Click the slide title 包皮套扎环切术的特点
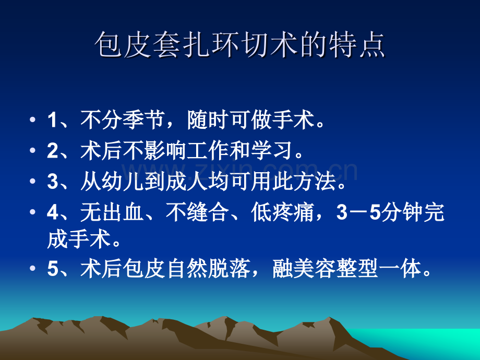(239, 45)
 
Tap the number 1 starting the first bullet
(52, 119)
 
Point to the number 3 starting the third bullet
(52, 181)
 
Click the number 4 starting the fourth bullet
(53, 212)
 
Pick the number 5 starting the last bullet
(52, 269)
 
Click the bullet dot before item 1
(32, 119)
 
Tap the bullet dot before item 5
(32, 269)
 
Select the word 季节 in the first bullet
(143, 119)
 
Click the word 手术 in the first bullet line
(293, 119)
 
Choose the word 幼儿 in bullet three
(123, 181)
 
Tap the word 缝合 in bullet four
(208, 212)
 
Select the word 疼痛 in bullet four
(293, 212)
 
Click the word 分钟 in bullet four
(402, 212)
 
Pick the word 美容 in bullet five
(315, 269)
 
